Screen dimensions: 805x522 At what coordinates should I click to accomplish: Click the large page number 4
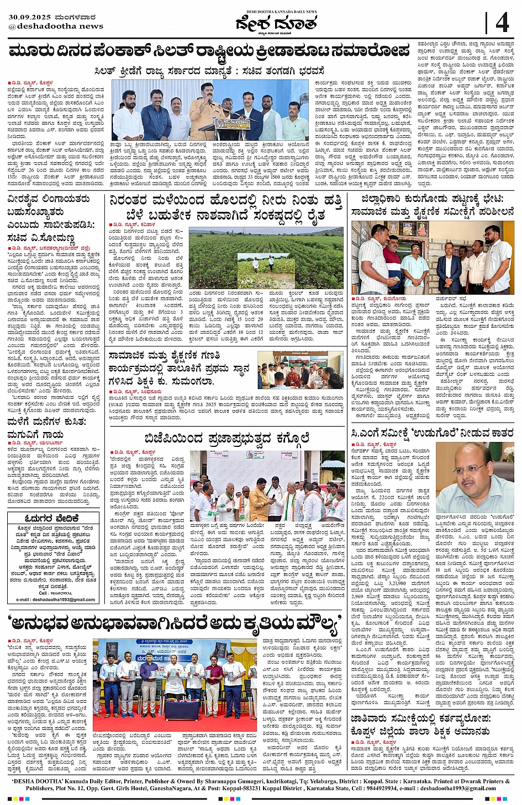tap(502, 23)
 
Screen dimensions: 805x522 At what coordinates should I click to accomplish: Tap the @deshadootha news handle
tap(56, 26)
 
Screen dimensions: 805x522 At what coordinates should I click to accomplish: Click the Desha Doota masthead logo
tap(276, 24)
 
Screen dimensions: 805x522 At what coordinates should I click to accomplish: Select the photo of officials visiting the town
tap(432, 257)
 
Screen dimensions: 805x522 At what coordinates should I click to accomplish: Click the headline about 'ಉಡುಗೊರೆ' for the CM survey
tap(433, 433)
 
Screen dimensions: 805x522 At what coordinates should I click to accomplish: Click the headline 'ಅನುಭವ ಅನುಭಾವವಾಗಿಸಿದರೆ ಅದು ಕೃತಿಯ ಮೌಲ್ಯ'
tap(172, 623)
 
